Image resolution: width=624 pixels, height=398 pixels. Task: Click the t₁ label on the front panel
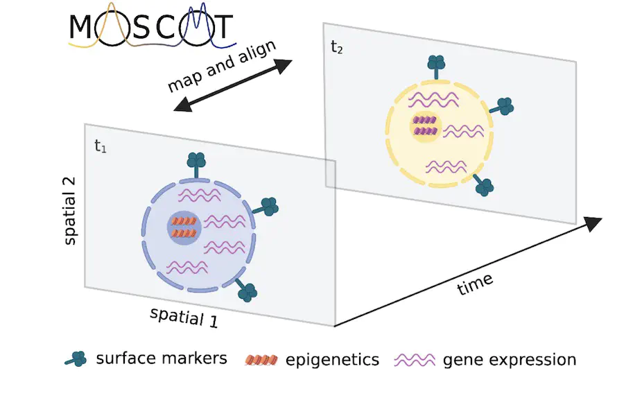pyautogui.click(x=101, y=146)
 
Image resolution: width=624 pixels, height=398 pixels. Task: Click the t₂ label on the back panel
pyautogui.click(x=337, y=47)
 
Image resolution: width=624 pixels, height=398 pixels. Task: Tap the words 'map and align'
pyautogui.click(x=222, y=66)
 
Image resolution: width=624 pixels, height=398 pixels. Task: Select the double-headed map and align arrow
pyautogui.click(x=233, y=85)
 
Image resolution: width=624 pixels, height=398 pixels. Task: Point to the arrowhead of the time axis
pyautogui.click(x=594, y=223)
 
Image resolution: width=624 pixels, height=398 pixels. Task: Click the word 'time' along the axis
pyautogui.click(x=475, y=284)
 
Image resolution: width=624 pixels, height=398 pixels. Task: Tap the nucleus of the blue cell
pyautogui.click(x=184, y=227)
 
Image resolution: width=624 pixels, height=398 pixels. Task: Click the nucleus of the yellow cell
pyautogui.click(x=426, y=127)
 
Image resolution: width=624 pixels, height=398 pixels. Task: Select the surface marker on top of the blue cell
pyautogui.click(x=196, y=165)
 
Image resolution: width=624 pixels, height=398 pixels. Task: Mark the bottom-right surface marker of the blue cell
pyautogui.click(x=245, y=290)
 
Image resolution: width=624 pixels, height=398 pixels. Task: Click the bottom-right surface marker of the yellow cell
pyautogui.click(x=483, y=185)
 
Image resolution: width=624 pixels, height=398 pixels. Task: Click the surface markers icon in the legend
pyautogui.click(x=76, y=359)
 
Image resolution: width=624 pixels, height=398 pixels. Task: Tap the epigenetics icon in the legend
pyautogui.click(x=261, y=360)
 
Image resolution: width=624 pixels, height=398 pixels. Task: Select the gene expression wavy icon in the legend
pyautogui.click(x=415, y=360)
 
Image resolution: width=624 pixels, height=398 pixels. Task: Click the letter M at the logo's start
pyautogui.click(x=82, y=27)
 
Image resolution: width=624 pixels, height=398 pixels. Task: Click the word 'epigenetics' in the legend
pyautogui.click(x=332, y=360)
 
